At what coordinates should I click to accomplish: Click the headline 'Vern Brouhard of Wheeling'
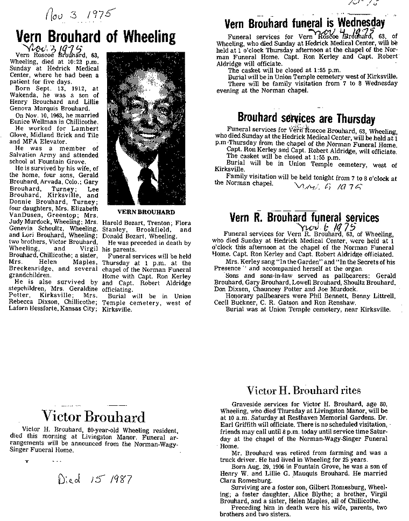[96, 37]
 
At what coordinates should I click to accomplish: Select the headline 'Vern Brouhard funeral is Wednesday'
[305, 23]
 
